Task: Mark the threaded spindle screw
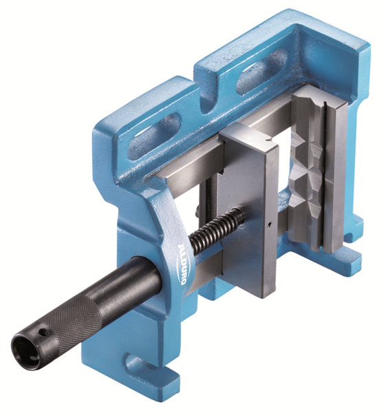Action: click(217, 231)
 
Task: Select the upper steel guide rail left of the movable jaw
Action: click(193, 162)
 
